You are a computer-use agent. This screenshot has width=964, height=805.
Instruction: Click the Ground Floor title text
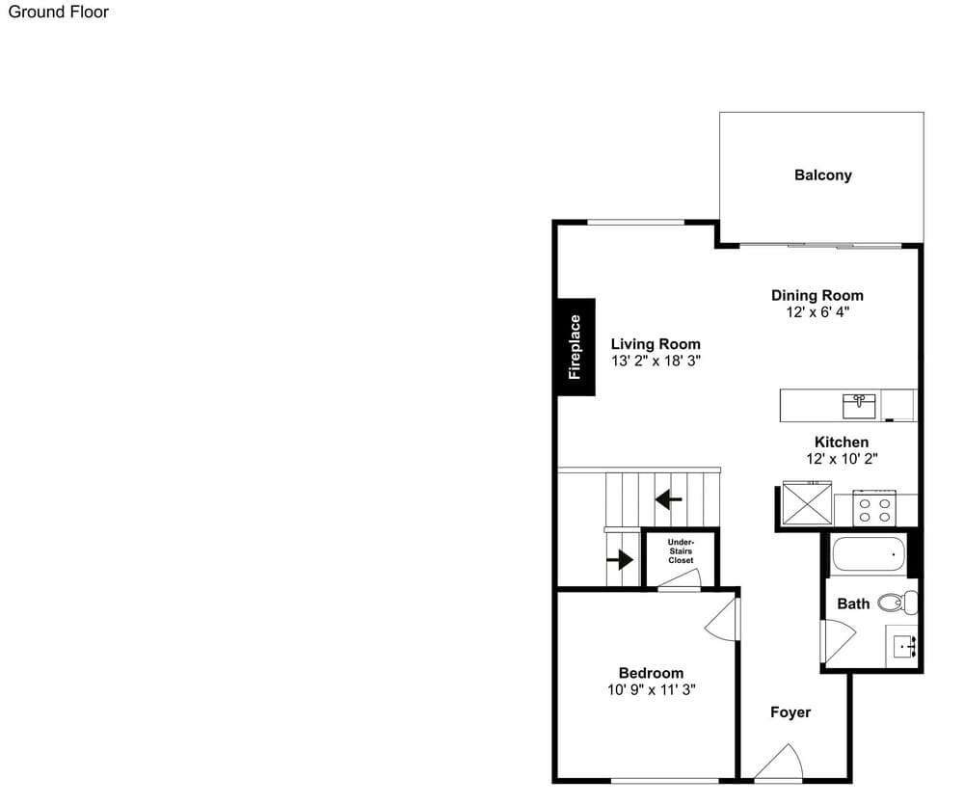[59, 12]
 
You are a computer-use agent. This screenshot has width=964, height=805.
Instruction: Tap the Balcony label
[822, 175]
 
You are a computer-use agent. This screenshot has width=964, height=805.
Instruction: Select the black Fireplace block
[576, 347]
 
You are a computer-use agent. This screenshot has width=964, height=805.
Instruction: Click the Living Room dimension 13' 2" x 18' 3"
[656, 361]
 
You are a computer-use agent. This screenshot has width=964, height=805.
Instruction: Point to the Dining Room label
[817, 295]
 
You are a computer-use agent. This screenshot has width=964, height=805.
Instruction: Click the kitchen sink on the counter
[859, 406]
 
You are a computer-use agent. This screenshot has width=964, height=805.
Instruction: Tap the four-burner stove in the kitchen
[874, 509]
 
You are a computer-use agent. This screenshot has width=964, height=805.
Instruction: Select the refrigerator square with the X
[807, 503]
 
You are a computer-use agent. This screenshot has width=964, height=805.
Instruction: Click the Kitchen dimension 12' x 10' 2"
[842, 459]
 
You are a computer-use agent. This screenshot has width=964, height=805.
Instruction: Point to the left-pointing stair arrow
[668, 498]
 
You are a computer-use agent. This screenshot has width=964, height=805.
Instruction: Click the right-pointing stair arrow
[620, 559]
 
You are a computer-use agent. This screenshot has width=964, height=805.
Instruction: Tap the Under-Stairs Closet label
[681, 551]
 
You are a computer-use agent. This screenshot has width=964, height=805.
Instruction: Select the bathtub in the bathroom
[869, 553]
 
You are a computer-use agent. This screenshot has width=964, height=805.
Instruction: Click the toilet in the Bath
[897, 602]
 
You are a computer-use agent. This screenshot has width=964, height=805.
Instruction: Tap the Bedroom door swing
[721, 620]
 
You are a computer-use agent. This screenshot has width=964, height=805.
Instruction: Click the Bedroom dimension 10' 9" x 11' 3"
[651, 690]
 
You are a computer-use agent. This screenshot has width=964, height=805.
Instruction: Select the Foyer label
[790, 712]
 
